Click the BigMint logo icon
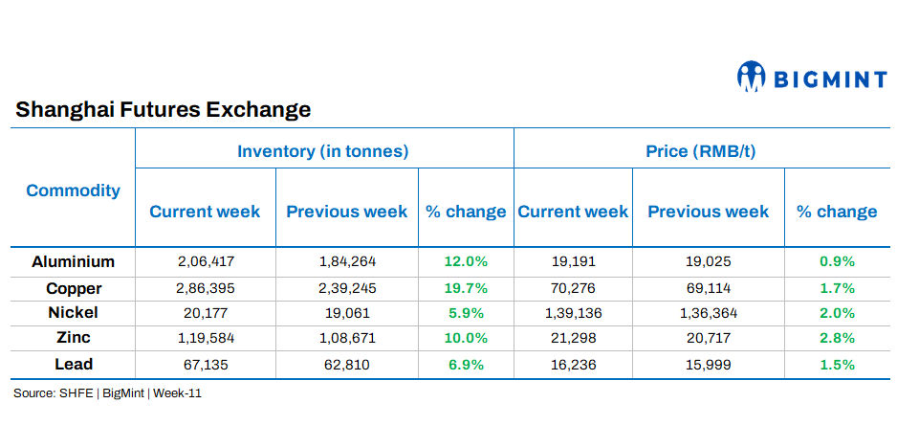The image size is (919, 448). click(x=752, y=77)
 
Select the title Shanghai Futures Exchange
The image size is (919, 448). click(x=164, y=109)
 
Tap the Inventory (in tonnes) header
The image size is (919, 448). click(x=323, y=151)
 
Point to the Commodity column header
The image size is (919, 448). click(x=74, y=190)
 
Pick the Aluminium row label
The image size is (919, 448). click(x=74, y=261)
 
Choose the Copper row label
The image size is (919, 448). click(x=74, y=287)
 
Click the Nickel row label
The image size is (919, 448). click(x=74, y=312)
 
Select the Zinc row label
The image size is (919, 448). click(x=74, y=338)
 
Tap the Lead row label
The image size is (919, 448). click(x=74, y=364)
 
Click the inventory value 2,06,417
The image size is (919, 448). click(x=206, y=261)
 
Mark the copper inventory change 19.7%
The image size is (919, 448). click(x=465, y=287)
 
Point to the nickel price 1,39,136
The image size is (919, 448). click(x=573, y=313)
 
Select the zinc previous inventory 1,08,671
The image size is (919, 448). click(x=346, y=338)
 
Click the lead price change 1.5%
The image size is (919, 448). click(x=837, y=365)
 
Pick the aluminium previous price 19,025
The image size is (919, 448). click(x=709, y=261)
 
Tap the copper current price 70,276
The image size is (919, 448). click(x=573, y=287)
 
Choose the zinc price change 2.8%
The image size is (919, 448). click(x=837, y=338)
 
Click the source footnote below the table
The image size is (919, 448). click(x=107, y=393)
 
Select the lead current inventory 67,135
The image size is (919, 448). click(x=206, y=365)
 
